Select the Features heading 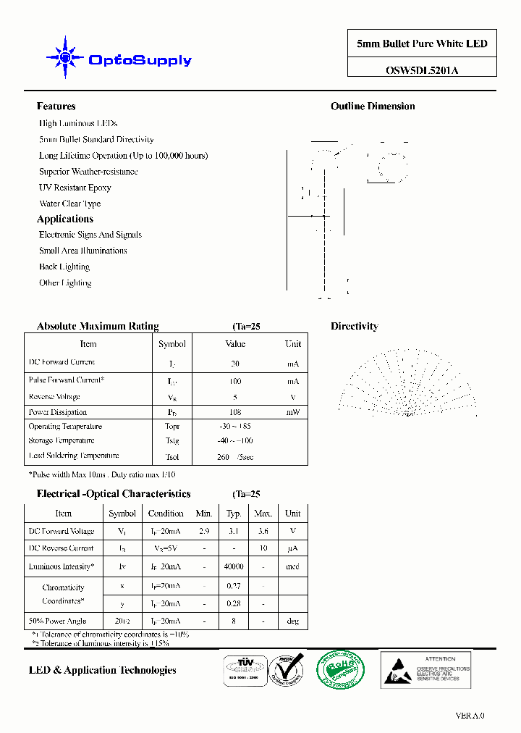56,106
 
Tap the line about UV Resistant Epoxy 75,188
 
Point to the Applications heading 65,219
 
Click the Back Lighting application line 64,267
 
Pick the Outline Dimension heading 373,106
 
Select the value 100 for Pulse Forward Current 235,381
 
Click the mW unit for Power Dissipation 292,412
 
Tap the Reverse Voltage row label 54,397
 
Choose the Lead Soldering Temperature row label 74,456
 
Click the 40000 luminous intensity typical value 234,567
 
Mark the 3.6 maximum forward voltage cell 263,531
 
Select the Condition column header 166,514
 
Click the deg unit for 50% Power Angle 292,621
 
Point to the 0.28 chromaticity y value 234,603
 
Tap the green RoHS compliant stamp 341,669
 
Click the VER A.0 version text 470,716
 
